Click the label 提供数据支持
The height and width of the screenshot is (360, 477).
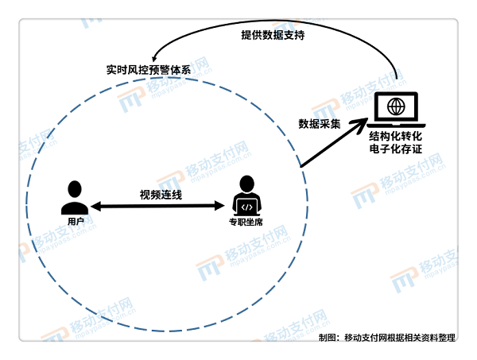pos(273,35)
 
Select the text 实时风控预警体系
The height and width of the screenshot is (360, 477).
pos(149,70)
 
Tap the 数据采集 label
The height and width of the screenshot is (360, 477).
pos(319,124)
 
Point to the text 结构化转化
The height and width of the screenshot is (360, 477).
pos(395,136)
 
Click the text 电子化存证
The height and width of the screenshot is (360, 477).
pos(395,149)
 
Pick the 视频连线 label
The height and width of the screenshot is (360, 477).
pos(161,195)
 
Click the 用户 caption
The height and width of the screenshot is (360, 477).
pos(76,221)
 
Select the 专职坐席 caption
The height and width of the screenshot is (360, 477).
pos(246,222)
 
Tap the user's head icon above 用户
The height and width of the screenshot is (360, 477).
pos(75,189)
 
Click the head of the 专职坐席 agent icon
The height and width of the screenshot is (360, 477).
pos(246,184)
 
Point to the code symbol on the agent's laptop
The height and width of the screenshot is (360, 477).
pos(246,207)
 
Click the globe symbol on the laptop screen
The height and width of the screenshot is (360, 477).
pos(396,106)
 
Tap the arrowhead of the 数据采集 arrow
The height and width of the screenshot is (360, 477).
pos(360,123)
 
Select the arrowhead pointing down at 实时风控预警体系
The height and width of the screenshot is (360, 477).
pos(154,58)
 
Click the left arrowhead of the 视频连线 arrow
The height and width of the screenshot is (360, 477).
pos(95,206)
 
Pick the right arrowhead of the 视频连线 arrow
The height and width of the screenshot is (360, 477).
pos(219,206)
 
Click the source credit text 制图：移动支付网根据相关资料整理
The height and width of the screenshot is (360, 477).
pos(387,338)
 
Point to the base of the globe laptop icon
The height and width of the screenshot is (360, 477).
pos(396,126)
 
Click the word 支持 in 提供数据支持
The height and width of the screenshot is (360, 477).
pos(294,35)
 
